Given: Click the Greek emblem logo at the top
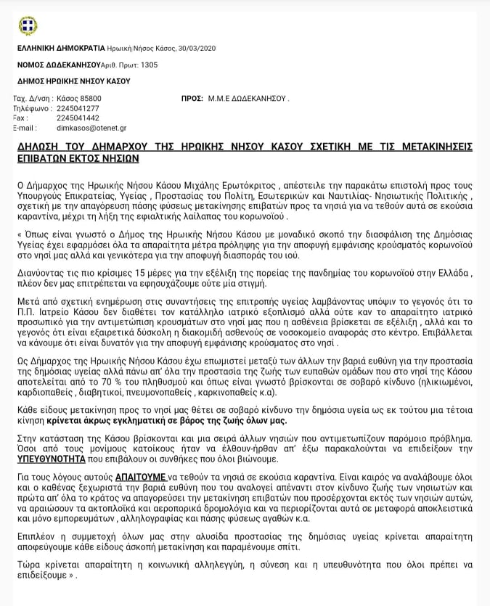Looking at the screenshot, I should click(28, 26).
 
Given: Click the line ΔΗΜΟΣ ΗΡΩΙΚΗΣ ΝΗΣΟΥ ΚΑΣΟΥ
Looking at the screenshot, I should click(73, 81).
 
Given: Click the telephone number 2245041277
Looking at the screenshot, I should click(78, 108).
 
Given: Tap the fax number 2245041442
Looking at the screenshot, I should click(78, 118).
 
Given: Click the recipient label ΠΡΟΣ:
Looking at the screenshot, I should click(192, 98).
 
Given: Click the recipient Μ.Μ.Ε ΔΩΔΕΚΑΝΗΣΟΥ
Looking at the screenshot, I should click(248, 98).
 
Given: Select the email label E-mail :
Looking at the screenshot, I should click(25, 128).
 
